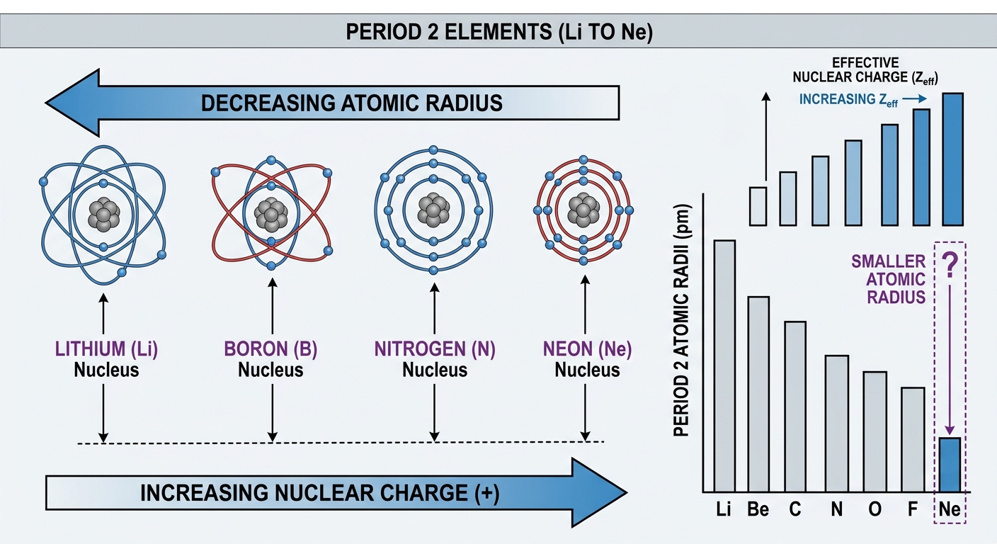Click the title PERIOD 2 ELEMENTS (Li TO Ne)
pyautogui.click(x=499, y=32)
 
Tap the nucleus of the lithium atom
pyautogui.click(x=103, y=215)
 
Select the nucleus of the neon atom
pyautogui.click(x=583, y=210)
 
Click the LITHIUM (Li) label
pyautogui.click(x=106, y=348)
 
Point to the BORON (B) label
pyautogui.click(x=270, y=348)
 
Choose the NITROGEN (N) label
pyautogui.click(x=435, y=348)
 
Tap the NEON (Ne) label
pyautogui.click(x=587, y=348)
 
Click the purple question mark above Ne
pyautogui.click(x=950, y=266)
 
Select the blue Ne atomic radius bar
pyautogui.click(x=950, y=465)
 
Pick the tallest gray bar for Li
pyautogui.click(x=724, y=366)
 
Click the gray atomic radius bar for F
pyautogui.click(x=913, y=439)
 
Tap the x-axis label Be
pyautogui.click(x=758, y=509)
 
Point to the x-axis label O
pyautogui.click(x=874, y=509)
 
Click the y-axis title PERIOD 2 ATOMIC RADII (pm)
pyautogui.click(x=681, y=320)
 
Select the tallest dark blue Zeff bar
pyautogui.click(x=953, y=159)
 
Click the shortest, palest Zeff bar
pyautogui.click(x=758, y=206)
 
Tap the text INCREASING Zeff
pyautogui.click(x=848, y=100)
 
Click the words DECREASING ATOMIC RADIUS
pyautogui.click(x=352, y=103)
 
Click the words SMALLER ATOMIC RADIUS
pyautogui.click(x=889, y=279)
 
